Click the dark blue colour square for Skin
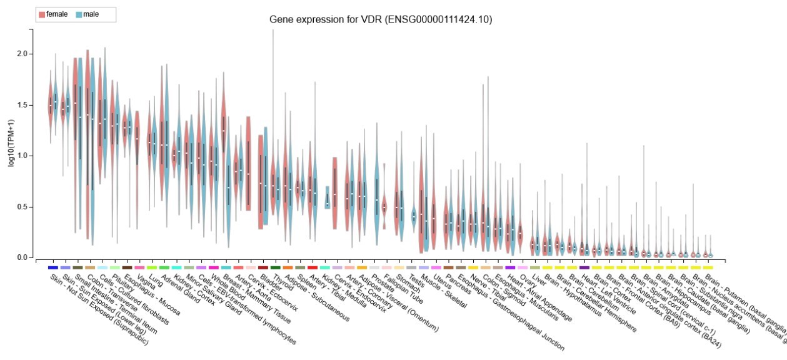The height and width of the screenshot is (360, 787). point(53,267)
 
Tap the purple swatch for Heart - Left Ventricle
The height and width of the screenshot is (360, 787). point(584,267)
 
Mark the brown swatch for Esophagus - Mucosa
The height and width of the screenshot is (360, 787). point(128,267)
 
